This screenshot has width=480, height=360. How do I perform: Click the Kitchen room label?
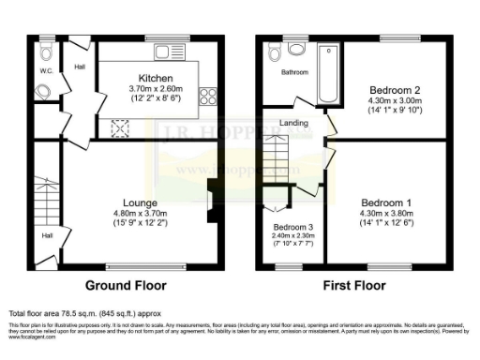153,77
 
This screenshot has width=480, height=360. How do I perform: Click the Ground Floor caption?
127,284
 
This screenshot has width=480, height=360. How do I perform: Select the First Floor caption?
353,284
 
